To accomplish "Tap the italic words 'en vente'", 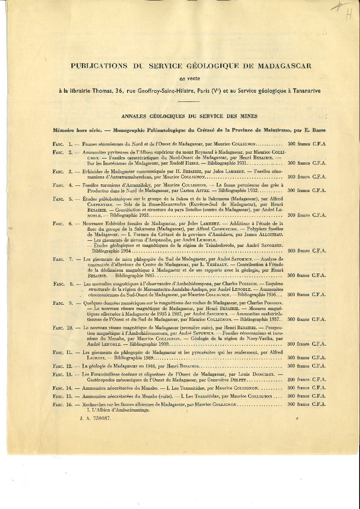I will pos(188,79).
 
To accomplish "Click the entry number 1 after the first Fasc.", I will pos(70,143).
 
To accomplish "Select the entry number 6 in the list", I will pos(71,224).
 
